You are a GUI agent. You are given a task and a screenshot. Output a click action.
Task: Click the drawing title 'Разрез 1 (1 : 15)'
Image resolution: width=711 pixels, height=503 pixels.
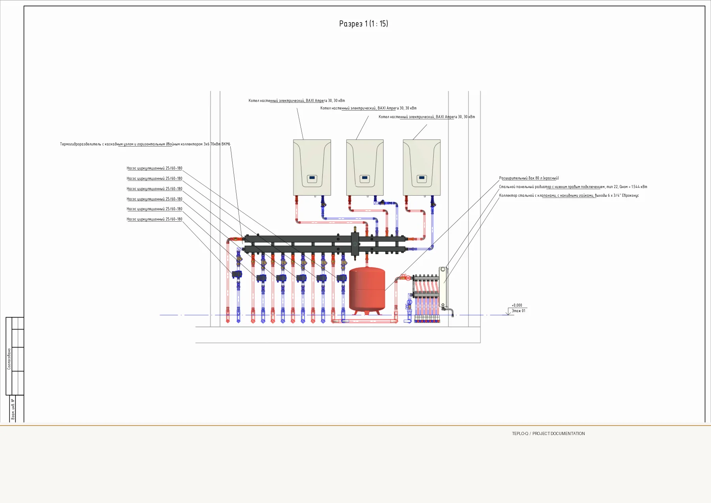coord(363,24)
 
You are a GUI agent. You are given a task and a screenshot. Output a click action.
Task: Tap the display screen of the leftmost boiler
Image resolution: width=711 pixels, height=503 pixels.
coord(312,178)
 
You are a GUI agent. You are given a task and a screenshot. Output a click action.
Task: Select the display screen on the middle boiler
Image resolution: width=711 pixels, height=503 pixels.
coord(365,178)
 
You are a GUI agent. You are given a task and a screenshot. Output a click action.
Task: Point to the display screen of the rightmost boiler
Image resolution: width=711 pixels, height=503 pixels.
coord(421,178)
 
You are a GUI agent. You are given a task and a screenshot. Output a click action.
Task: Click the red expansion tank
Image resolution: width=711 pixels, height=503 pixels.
coord(367,290)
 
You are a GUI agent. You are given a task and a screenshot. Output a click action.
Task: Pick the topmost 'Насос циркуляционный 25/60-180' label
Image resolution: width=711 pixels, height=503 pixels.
coord(154,168)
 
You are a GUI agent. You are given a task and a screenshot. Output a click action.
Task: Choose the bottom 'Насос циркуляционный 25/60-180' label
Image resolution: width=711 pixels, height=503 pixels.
coord(154,219)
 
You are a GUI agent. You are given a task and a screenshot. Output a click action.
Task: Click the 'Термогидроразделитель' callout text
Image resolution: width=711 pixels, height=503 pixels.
coord(145,144)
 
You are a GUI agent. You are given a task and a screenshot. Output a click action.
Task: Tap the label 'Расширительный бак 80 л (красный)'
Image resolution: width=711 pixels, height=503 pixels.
coord(529,178)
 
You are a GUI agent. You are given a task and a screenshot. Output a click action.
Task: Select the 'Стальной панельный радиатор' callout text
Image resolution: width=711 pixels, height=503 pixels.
coord(573,187)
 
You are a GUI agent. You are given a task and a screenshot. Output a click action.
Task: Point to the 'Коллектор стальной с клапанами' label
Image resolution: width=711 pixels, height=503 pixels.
coord(569,196)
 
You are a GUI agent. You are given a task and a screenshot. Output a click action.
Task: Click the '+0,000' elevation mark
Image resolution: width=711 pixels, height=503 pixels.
coord(517,305)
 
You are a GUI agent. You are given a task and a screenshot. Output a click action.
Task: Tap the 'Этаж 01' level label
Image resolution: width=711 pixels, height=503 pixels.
coord(519,311)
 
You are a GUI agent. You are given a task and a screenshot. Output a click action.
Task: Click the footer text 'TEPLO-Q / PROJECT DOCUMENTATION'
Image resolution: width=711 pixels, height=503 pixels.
coord(548,433)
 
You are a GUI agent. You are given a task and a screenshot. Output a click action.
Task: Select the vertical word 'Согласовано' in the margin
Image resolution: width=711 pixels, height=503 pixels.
coord(9,359)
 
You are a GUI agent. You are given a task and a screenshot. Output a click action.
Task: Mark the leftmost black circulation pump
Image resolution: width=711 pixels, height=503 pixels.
coord(237,274)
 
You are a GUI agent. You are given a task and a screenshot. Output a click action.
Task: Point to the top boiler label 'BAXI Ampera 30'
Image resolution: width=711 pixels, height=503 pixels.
coord(297,101)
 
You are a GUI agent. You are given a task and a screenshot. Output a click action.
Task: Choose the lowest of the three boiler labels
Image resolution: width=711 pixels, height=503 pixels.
coord(427,117)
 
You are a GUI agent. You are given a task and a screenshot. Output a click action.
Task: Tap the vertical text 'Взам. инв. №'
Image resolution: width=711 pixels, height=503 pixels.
coord(13,409)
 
